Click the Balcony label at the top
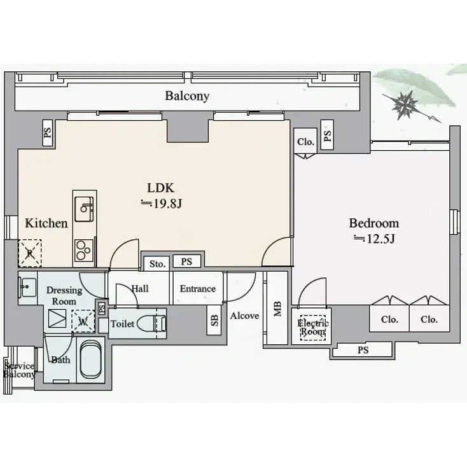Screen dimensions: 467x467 pos(187,97)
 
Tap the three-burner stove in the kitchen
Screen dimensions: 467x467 pos(83,249)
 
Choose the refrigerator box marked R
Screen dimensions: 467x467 pos(29,252)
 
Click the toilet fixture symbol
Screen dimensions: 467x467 pos(153,323)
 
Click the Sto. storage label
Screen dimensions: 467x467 pos(157,263)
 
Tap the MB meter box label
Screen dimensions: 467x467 pos(277,309)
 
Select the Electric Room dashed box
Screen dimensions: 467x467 pos(312,327)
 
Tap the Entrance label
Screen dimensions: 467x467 pos(197,289)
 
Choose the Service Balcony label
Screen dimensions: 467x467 pos(18,370)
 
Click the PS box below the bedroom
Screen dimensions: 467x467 pos(362,349)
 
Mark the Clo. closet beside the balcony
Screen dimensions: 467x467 pos(305,142)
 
